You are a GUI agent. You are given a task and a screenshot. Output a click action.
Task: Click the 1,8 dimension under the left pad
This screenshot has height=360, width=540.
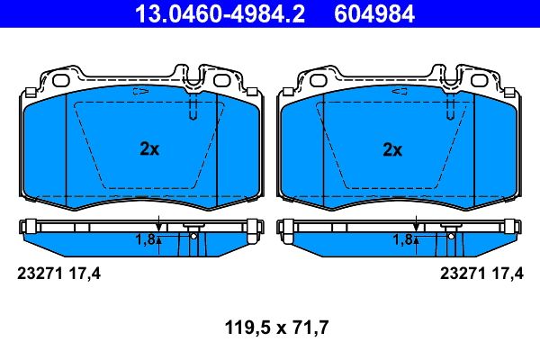[x=145, y=239]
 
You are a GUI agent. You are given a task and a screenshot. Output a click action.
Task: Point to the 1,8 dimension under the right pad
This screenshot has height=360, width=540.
[x=402, y=239]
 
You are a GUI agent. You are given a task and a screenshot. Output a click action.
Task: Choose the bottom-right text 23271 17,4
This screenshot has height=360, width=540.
[x=479, y=274]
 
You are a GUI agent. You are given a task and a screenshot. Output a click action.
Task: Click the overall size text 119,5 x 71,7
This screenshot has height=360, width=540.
[x=270, y=328]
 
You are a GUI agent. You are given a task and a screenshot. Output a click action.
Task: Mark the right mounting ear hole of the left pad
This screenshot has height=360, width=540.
[x=221, y=80]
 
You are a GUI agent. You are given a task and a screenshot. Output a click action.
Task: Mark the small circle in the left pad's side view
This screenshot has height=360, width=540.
[x=193, y=236]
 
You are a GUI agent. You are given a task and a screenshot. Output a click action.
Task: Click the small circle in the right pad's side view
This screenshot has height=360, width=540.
[x=449, y=236]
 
